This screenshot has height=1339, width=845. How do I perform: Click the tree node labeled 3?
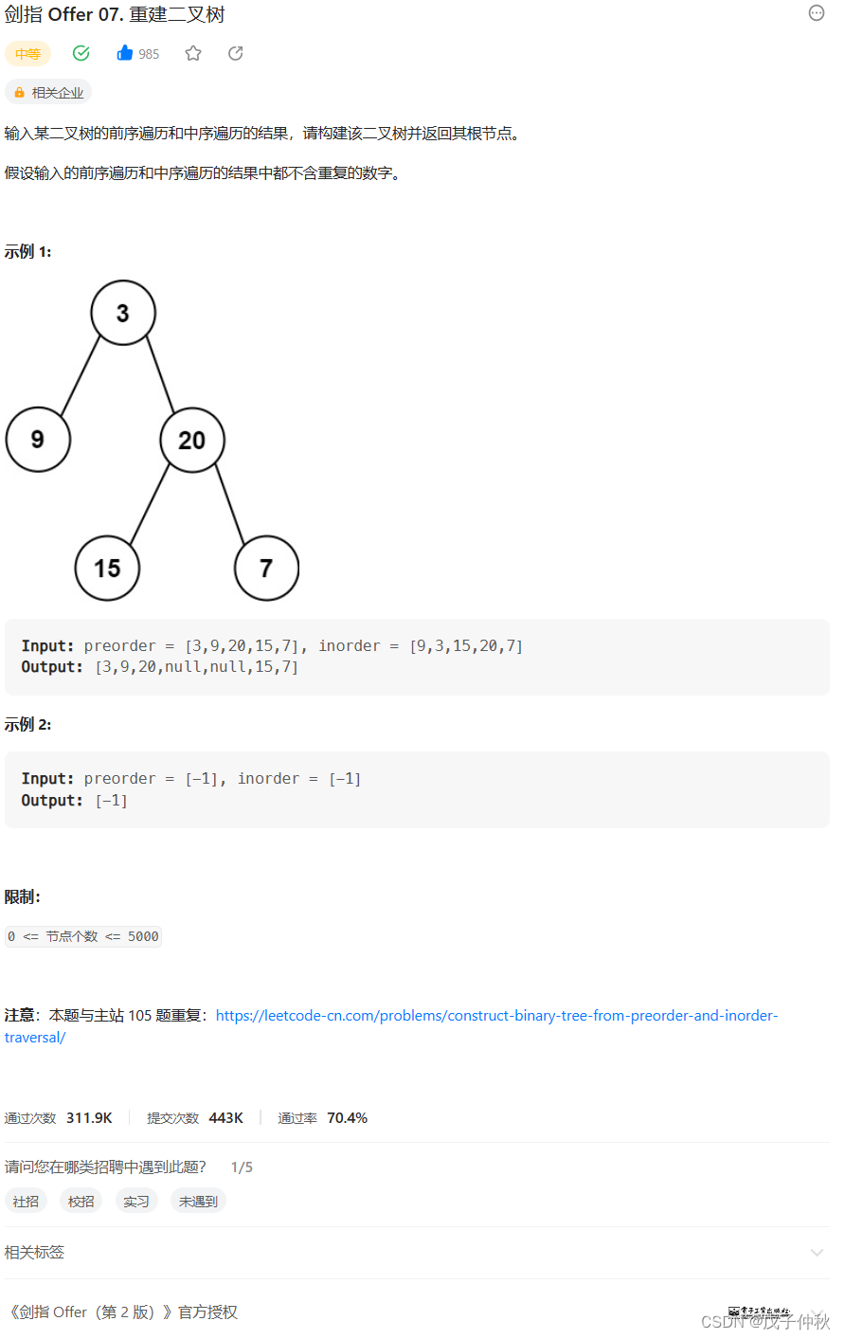[123, 313]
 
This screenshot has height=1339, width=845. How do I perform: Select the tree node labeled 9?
[38, 440]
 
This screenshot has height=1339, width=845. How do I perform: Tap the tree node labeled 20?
[191, 440]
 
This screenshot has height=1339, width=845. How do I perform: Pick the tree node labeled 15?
[107, 568]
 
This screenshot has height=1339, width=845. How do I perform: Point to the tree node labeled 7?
[266, 568]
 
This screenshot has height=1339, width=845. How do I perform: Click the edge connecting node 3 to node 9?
[81, 375]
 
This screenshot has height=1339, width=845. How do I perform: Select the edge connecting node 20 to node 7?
[229, 503]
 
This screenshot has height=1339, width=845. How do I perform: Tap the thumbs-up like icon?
[125, 53]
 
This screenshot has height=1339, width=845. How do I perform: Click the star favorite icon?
[193, 53]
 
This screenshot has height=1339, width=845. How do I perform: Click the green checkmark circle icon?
[81, 53]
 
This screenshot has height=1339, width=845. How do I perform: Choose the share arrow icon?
[236, 53]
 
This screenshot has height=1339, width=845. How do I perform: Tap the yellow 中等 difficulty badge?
[27, 54]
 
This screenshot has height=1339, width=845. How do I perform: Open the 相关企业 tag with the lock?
[48, 92]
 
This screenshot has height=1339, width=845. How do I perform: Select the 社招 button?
[27, 1201]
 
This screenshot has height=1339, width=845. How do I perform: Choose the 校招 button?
[81, 1201]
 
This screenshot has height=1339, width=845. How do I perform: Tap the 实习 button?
[136, 1201]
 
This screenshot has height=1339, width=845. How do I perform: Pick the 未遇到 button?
[199, 1201]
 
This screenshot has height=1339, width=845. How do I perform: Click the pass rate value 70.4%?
[347, 1118]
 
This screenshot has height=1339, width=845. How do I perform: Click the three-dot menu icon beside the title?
[817, 13]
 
